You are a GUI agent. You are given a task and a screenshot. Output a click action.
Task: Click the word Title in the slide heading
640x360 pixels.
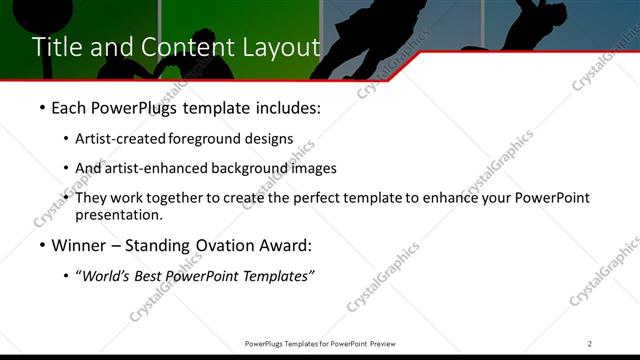click(58, 47)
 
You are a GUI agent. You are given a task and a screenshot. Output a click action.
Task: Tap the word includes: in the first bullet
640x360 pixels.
click(284, 108)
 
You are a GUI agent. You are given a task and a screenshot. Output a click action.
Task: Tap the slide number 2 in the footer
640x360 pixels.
click(590, 343)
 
